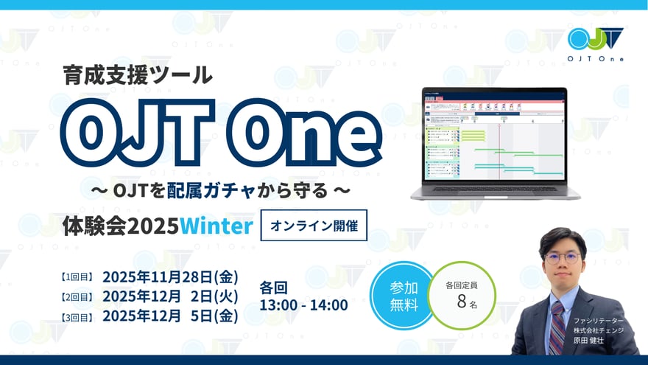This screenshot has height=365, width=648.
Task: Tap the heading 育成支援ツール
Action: pos(138,74)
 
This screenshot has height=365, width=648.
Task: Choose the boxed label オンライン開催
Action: pos(314,226)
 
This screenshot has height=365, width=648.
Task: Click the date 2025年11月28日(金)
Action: pos(171,277)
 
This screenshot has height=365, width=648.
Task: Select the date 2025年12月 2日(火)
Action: pos(171,296)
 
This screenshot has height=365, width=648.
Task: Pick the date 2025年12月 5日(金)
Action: pos(171,316)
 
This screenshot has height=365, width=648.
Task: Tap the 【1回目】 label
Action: pos(76,278)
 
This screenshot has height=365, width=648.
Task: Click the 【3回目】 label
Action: pos(76,316)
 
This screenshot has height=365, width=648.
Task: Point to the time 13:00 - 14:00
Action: pos(304,305)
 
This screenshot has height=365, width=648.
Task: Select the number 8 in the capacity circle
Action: pos(462,302)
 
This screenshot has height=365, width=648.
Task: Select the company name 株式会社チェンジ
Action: pos(599,330)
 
